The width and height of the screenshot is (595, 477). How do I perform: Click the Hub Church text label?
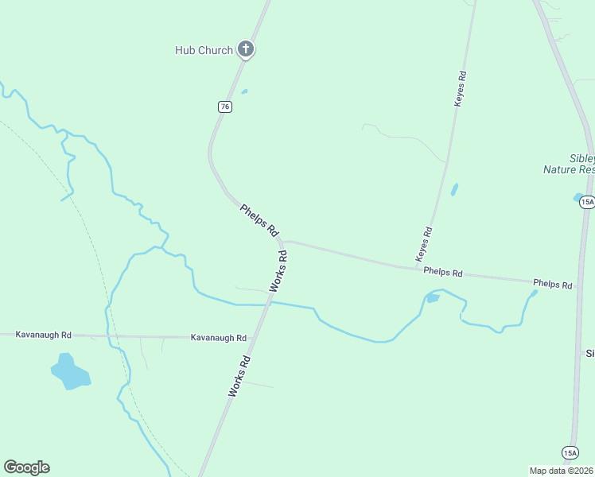coord(204,50)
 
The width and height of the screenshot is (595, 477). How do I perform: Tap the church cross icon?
coord(246,50)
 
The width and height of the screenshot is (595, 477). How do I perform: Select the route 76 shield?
coord(226,107)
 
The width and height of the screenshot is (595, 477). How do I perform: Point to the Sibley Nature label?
coord(569,164)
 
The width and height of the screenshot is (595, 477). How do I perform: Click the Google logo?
coord(26,467)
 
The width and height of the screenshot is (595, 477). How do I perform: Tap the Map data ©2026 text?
coord(561,471)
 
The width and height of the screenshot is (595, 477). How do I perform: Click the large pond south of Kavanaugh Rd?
coord(69,373)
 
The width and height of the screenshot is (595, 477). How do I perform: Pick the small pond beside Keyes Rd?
coord(454,190)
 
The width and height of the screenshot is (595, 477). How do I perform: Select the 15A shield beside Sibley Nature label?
coord(586,202)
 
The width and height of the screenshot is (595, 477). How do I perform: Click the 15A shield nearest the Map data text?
coord(570,452)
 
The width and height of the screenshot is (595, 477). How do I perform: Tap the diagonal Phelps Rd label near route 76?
coord(259,220)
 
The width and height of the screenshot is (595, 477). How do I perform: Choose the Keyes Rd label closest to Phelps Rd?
coord(423,245)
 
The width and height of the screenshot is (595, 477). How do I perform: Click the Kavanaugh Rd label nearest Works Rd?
coord(219,338)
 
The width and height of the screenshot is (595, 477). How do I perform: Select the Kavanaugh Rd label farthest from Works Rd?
coord(44,335)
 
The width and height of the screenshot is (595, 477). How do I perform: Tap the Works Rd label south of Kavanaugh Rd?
coord(239,376)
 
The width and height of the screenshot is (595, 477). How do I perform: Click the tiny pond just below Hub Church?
coord(244,91)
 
